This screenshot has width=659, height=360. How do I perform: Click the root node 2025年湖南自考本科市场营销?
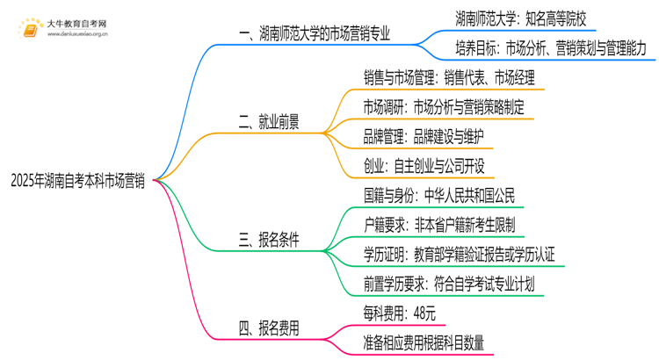[77, 181]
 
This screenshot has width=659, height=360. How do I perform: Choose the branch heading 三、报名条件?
[268, 239]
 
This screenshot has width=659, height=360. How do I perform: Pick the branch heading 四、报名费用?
[268, 329]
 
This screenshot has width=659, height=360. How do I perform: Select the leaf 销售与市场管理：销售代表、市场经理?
[449, 76]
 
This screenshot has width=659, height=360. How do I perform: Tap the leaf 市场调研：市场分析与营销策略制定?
[445, 106]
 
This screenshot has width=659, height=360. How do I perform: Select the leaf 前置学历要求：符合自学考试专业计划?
[448, 284]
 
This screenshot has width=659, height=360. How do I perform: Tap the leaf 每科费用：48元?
[400, 313]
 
